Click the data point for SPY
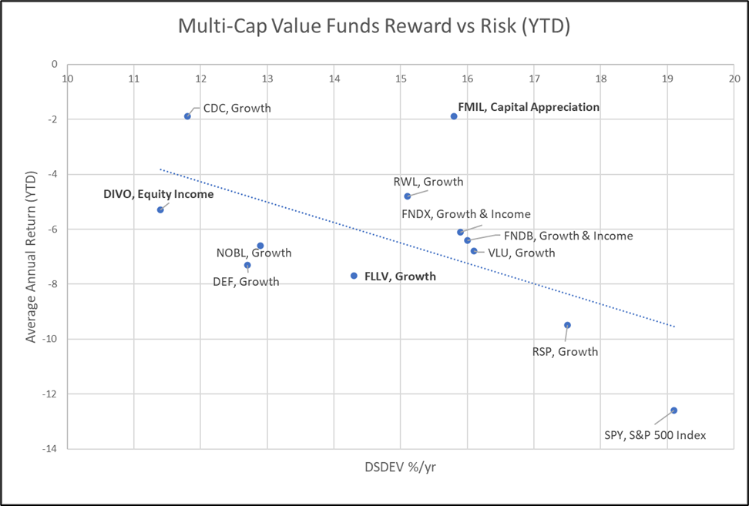pyautogui.click(x=673, y=410)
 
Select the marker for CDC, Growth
pyautogui.click(x=187, y=116)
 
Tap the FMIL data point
pyautogui.click(x=454, y=116)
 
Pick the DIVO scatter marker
pyautogui.click(x=160, y=209)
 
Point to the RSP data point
pyautogui.click(x=567, y=325)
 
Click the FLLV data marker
pyautogui.click(x=354, y=276)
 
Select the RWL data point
pyautogui.click(x=408, y=196)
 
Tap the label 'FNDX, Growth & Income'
pyautogui.click(x=466, y=214)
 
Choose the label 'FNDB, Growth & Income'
pyautogui.click(x=568, y=236)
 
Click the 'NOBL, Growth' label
pyautogui.click(x=254, y=253)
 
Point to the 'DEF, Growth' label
pyautogui.click(x=246, y=282)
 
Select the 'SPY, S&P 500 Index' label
pyautogui.click(x=655, y=435)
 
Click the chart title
pyautogui.click(x=374, y=26)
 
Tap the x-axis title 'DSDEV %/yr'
pyautogui.click(x=400, y=467)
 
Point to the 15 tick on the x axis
pyautogui.click(x=401, y=78)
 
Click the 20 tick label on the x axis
pyautogui.click(x=734, y=78)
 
